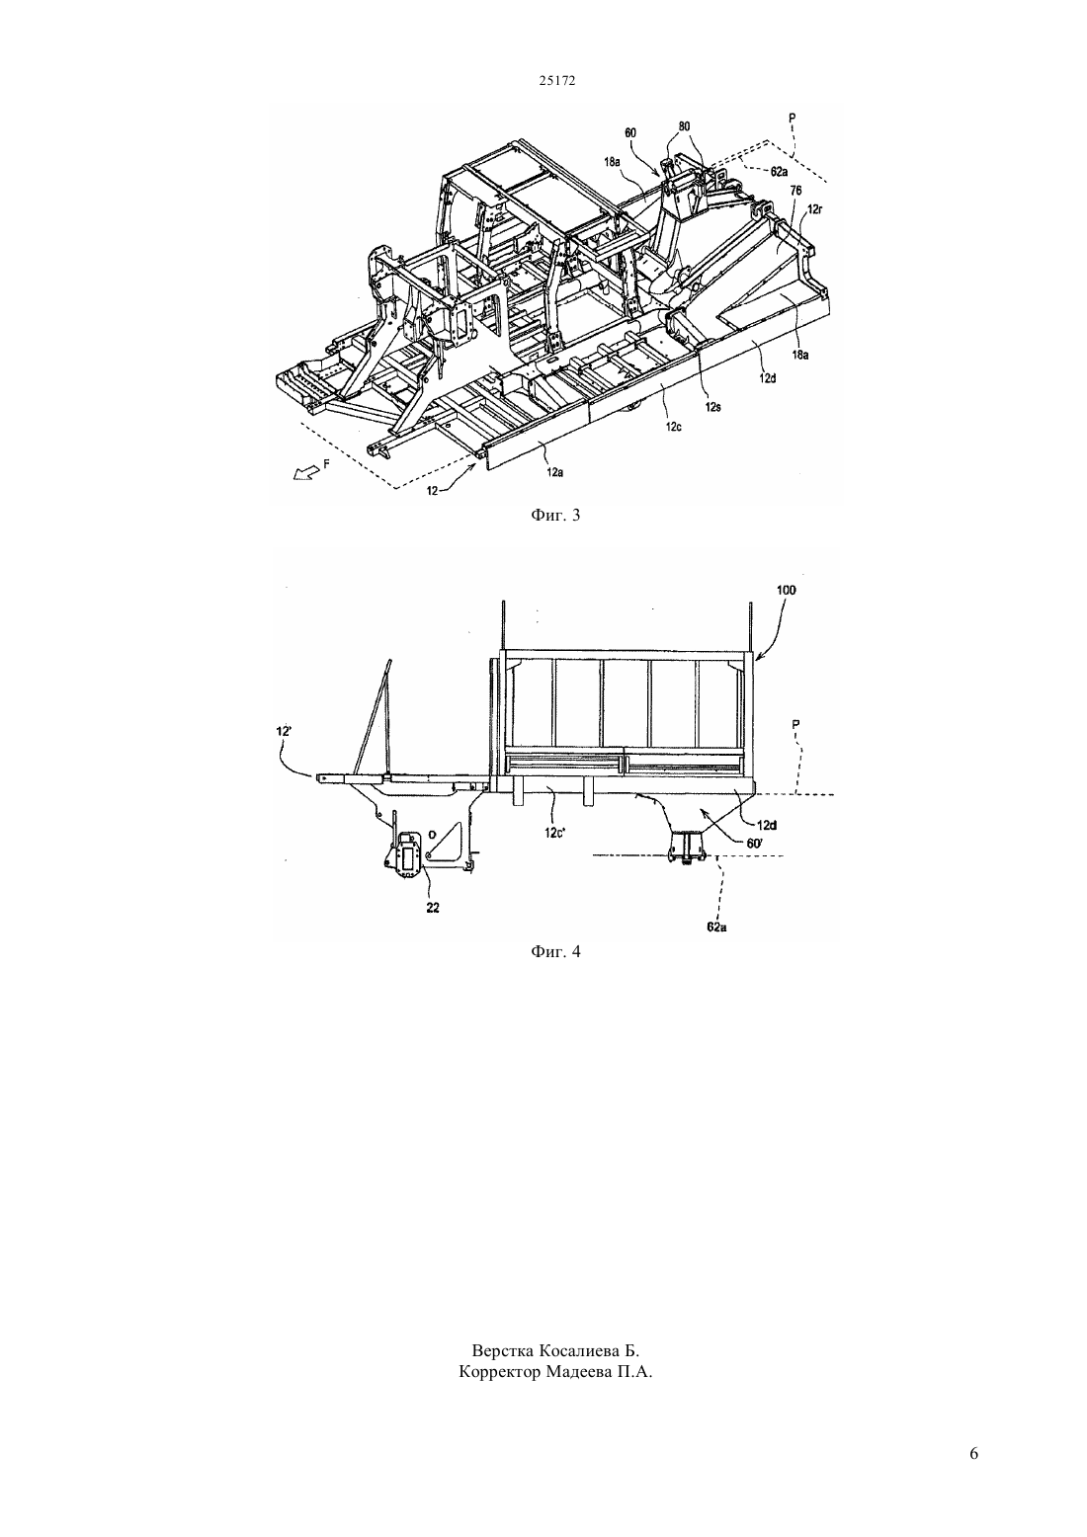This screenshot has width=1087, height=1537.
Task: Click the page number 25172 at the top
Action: [x=557, y=81]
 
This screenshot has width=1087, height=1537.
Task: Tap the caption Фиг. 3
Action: [x=555, y=515]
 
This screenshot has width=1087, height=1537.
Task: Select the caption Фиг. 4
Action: [x=555, y=951]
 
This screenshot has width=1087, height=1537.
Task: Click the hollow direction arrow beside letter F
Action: [x=304, y=472]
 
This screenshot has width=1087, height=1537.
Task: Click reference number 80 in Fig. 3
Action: [x=684, y=126]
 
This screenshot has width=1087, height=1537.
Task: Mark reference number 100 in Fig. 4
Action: [x=787, y=590]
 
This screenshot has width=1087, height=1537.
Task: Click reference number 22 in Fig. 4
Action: [x=433, y=907]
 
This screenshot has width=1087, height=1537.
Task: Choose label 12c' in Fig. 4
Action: [x=555, y=814]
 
